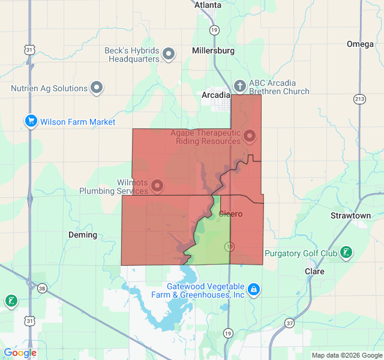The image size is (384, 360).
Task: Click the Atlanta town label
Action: (208, 5)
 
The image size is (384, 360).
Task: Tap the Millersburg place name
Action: (213, 51)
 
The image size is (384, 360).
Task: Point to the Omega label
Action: (360, 44)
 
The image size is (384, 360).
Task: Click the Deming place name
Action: (83, 235)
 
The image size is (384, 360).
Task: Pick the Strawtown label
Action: (350, 215)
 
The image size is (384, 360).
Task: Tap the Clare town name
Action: (314, 271)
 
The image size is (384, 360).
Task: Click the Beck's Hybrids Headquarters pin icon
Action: (169, 55)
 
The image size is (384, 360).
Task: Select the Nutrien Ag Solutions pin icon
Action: (97, 88)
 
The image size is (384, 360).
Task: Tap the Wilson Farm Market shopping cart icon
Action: (31, 122)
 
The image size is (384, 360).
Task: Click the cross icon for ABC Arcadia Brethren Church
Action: (239, 86)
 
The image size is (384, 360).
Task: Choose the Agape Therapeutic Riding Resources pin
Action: (249, 137)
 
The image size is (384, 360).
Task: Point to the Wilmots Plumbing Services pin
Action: (158, 186)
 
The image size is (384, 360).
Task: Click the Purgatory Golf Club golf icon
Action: (346, 253)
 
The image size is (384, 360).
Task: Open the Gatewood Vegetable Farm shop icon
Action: (254, 290)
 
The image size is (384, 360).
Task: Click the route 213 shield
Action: (359, 99)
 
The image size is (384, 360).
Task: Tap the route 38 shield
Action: (41, 289)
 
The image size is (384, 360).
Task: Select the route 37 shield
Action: (290, 323)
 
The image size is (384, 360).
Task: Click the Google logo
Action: (20, 353)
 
